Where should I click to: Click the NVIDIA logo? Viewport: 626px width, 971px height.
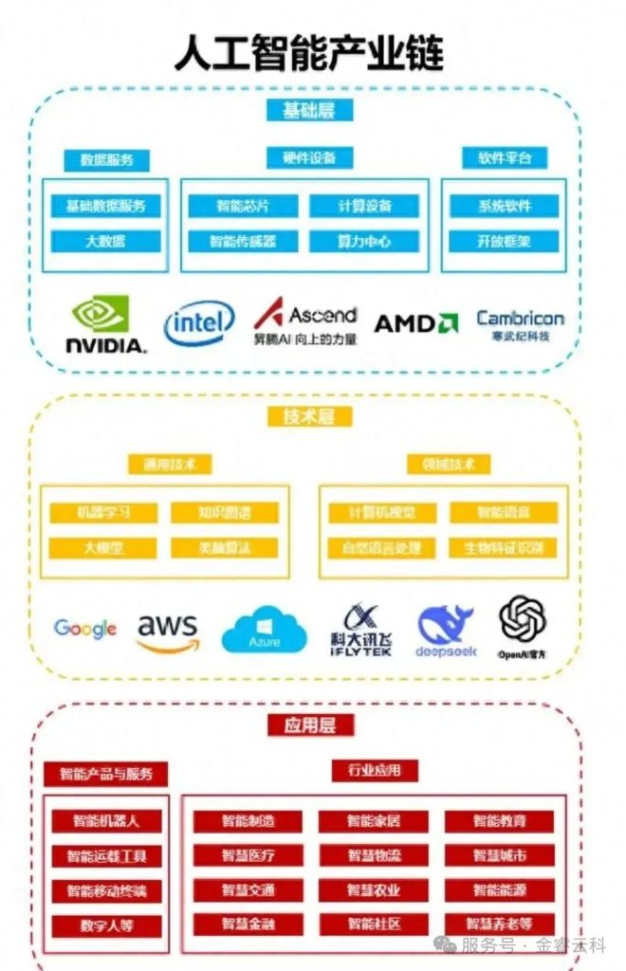point(106,325)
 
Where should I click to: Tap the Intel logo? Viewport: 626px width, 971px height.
point(199,325)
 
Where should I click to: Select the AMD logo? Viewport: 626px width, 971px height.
point(416,323)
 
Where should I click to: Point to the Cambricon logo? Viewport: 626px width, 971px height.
point(520,325)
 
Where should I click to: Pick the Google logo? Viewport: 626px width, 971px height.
point(85,628)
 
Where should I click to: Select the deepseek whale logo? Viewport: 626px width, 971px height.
point(446,630)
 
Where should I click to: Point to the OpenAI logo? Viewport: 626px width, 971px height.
point(523,626)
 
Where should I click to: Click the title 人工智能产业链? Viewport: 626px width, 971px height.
point(309,53)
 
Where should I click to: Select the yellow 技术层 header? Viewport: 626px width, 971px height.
point(304,415)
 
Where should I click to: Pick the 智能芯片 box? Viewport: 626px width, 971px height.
point(244,206)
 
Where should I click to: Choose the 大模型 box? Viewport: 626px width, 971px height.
point(104,547)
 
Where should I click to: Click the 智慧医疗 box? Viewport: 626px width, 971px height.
point(249,855)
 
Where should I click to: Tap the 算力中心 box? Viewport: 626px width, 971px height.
point(364,241)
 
